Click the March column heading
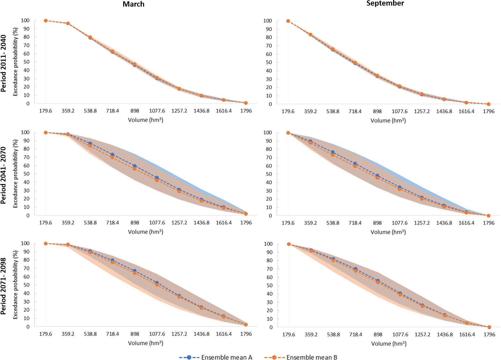(x=133, y=4)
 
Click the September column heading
(x=385, y=3)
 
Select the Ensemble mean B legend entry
(x=301, y=357)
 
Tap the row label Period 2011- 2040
(x=4, y=63)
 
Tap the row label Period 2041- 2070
(x=4, y=175)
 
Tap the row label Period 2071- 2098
(x=4, y=286)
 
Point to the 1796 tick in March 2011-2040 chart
(x=246, y=111)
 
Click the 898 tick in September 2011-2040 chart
(x=377, y=112)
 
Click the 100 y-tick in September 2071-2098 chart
(x=268, y=244)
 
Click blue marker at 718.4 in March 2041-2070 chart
(x=112, y=155)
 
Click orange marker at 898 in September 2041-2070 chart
(x=377, y=178)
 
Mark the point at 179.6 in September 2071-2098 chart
(x=289, y=244)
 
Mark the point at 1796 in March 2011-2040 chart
(x=246, y=103)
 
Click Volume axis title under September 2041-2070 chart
(x=388, y=232)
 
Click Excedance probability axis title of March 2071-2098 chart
(x=15, y=285)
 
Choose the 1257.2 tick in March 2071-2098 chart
(x=179, y=334)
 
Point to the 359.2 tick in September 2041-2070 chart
(x=310, y=223)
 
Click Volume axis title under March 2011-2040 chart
(x=146, y=120)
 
